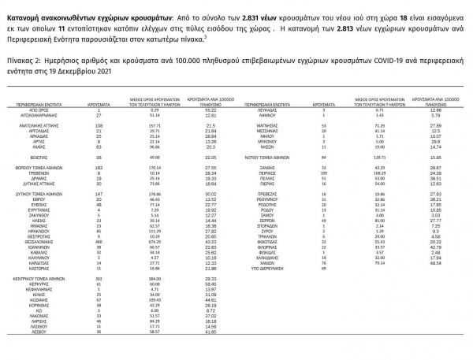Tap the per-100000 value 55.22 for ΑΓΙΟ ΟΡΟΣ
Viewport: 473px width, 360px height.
click(210, 107)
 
